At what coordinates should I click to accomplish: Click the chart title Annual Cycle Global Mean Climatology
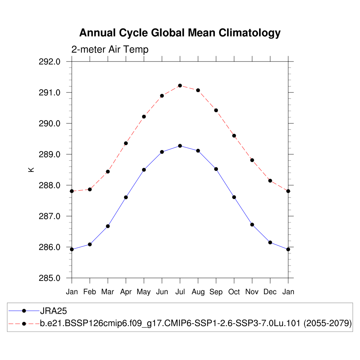point(180,33)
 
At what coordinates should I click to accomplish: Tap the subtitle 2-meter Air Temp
point(110,50)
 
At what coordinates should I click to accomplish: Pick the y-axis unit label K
point(31,169)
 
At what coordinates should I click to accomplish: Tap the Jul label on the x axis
point(180,292)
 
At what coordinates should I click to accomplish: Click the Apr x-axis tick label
point(126,292)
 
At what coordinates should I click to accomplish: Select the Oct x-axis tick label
point(234,292)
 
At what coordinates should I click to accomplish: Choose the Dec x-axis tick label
point(270,292)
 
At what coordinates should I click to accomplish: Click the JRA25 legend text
point(53,311)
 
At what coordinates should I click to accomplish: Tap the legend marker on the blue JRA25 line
point(24,311)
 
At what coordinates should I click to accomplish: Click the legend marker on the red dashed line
point(24,323)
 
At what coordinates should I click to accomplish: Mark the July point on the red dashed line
point(180,85)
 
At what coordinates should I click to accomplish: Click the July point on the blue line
point(180,146)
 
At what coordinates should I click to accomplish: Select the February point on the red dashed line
point(90,189)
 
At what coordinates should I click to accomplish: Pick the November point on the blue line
point(252,225)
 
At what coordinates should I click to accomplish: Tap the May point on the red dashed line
point(144,116)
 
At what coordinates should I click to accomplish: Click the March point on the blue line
point(108,226)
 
